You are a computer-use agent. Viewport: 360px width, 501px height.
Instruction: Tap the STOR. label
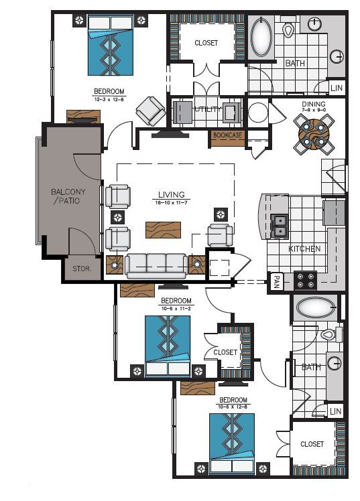[x=82, y=269]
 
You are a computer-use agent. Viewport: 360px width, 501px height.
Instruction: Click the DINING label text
[x=314, y=104]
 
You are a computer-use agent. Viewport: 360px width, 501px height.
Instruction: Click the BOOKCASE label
[x=227, y=135]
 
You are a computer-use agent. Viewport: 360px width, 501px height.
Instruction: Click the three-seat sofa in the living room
[x=157, y=265]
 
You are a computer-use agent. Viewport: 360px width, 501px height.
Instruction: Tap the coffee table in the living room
[x=163, y=230]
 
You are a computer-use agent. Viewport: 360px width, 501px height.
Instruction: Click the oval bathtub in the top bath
[x=261, y=38]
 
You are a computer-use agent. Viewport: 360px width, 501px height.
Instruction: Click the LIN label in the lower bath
[x=335, y=411]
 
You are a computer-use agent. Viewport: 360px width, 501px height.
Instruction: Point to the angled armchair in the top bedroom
[x=151, y=111]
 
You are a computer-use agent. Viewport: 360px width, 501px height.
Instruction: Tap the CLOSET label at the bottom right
[x=312, y=444]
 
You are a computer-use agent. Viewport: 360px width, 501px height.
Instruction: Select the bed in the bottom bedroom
[x=232, y=445]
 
